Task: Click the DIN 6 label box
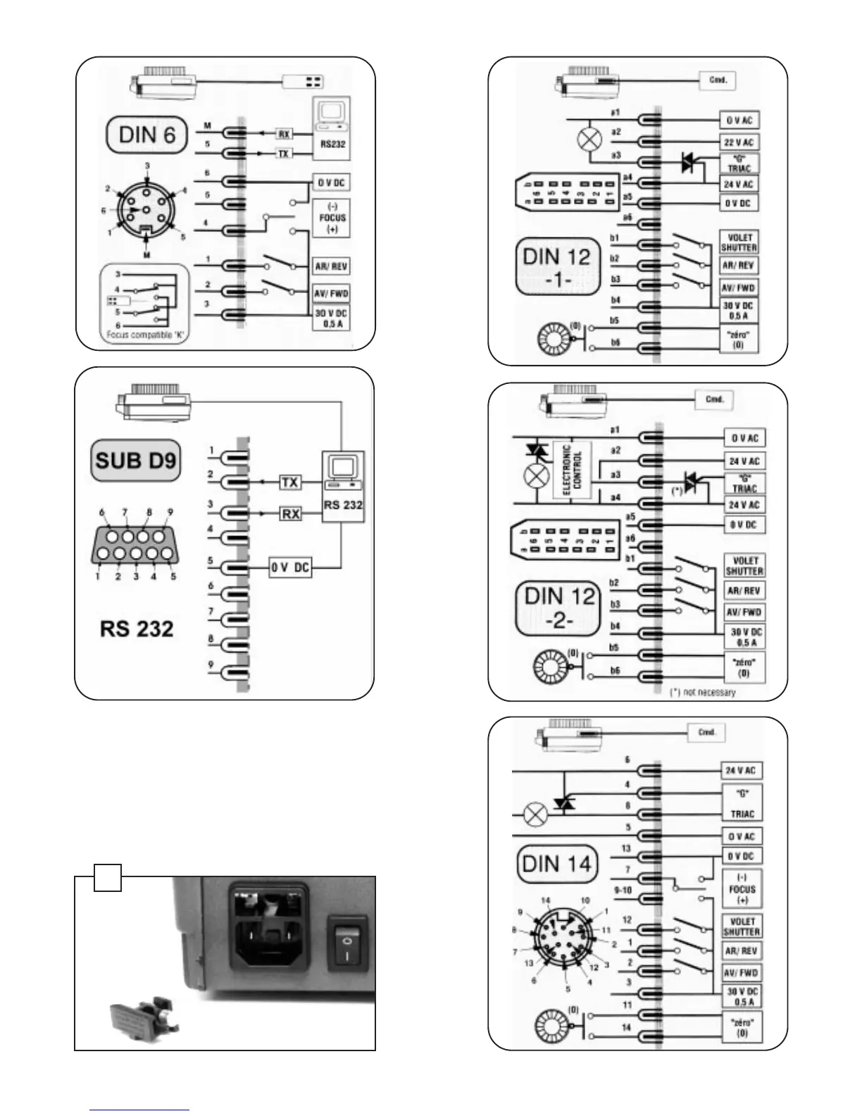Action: [146, 135]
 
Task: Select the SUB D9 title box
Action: [136, 461]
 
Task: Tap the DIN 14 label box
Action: [556, 864]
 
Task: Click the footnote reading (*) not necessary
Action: [701, 692]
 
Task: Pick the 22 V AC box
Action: [738, 142]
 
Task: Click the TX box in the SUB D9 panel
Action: [289, 483]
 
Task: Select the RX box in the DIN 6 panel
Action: [284, 134]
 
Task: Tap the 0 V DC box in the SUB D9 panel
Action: [290, 567]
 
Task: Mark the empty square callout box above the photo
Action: [108, 877]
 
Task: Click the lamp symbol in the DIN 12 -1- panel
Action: [588, 139]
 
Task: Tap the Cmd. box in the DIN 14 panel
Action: [706, 733]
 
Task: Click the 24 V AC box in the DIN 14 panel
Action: [741, 770]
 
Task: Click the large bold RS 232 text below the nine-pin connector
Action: [137, 628]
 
